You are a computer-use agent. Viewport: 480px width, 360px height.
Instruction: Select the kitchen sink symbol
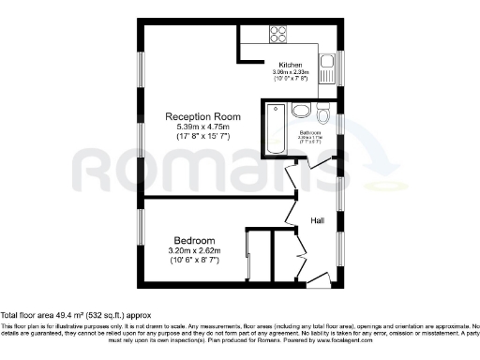(327, 67)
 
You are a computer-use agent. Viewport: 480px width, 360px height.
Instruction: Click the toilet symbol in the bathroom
(323, 115)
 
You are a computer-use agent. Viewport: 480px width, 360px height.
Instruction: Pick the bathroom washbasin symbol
(301, 112)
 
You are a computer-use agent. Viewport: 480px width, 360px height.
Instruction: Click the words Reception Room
(198, 116)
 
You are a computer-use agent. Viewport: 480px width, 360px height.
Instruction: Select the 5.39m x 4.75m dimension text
(198, 127)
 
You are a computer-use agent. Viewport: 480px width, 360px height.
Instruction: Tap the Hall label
(320, 221)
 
